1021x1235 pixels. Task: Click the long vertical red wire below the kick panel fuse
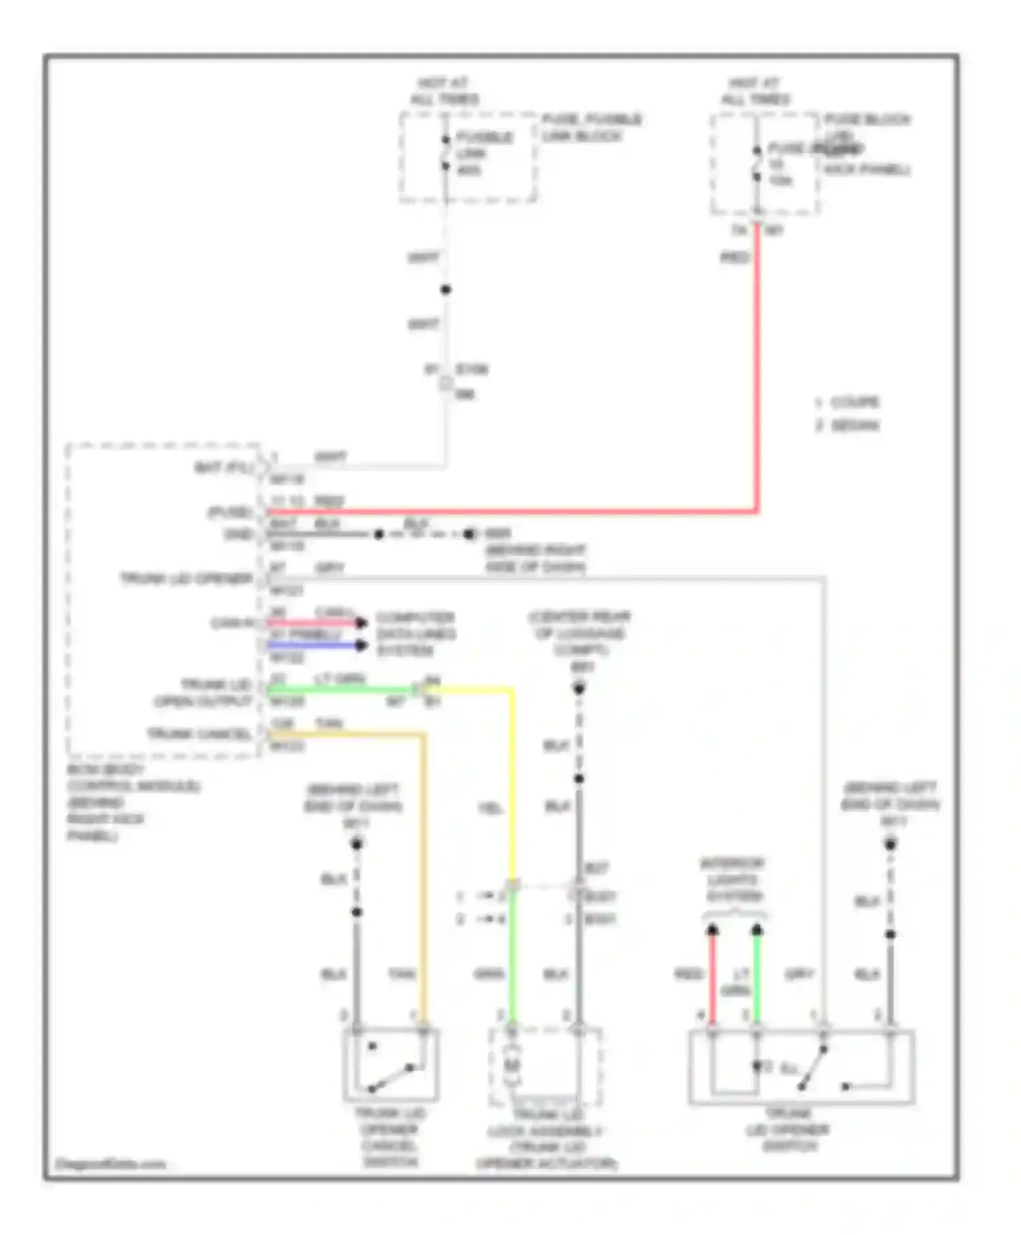tap(757, 368)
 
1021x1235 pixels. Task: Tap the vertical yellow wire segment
tap(512, 783)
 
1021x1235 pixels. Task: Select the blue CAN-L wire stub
tap(313, 645)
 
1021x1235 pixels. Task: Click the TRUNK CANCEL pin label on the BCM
tap(199, 734)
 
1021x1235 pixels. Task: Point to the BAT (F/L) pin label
tap(224, 468)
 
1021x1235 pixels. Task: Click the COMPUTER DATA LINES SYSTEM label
tap(415, 634)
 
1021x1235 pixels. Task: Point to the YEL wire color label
tap(490, 808)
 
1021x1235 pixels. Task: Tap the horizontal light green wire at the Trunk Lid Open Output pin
tap(340, 690)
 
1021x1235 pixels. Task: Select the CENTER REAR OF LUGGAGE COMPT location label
tap(579, 633)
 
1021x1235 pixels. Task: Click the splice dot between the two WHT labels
tap(446, 290)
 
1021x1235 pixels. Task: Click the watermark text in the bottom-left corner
tap(110, 1164)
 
